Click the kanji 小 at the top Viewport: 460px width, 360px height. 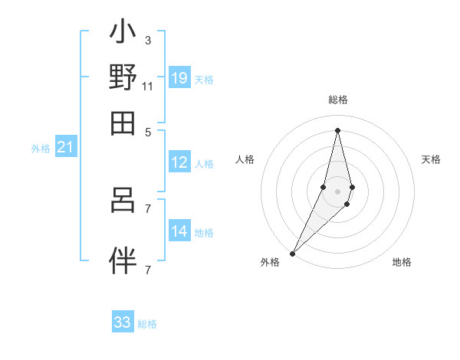123,34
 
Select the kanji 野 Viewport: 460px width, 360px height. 123,78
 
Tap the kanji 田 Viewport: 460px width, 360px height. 123,123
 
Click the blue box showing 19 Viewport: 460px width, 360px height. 179,77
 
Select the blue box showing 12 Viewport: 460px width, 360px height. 179,162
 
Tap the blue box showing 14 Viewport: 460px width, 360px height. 179,231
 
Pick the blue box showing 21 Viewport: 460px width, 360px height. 65,147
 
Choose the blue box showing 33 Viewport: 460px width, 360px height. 123,322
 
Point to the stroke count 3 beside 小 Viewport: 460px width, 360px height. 147,40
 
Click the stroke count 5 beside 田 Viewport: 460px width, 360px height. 147,131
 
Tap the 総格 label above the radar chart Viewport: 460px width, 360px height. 337,100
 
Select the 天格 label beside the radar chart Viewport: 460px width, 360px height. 431,159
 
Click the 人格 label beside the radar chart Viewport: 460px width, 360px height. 245,159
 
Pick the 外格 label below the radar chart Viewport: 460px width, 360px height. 270,262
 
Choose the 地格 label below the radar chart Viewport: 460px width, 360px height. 402,262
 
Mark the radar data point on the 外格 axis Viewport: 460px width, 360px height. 292,253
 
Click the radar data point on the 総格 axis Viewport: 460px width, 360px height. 337,129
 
